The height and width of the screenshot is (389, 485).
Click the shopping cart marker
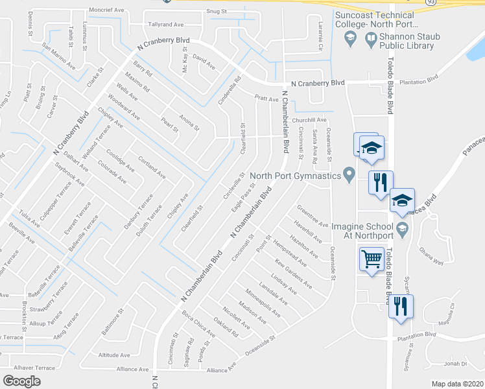(372, 260)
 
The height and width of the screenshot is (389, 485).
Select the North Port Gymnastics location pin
(349, 174)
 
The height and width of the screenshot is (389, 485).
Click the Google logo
(22, 381)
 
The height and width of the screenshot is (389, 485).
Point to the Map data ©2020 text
(458, 384)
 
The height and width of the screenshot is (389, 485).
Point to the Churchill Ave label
(309, 120)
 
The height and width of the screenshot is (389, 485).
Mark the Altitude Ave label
(113, 355)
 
